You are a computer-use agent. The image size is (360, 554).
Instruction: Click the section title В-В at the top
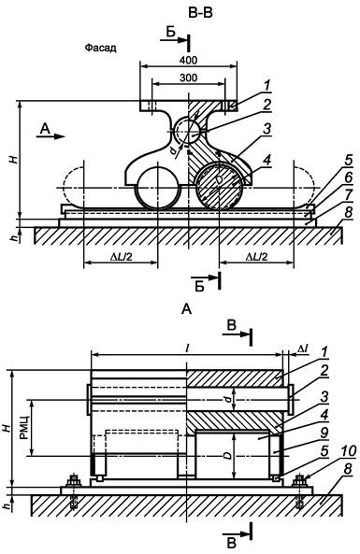200,13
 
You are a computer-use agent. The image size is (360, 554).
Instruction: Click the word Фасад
100,48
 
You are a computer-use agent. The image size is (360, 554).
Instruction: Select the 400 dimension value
188,60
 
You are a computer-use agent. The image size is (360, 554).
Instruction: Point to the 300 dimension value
188,78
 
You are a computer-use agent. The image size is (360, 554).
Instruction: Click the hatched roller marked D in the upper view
219,185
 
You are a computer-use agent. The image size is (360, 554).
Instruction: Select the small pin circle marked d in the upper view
189,131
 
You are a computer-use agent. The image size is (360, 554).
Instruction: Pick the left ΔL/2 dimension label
121,257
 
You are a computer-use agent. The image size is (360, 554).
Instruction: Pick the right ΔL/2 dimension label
256,257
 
